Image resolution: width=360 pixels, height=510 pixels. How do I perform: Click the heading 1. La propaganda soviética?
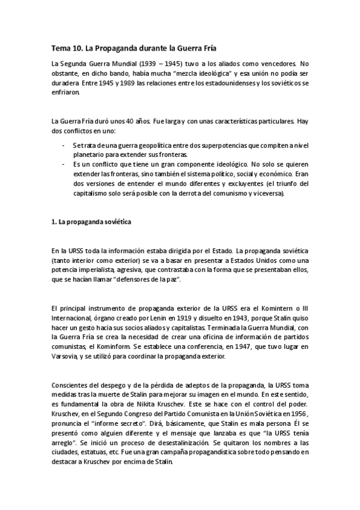[x=91, y=222]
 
